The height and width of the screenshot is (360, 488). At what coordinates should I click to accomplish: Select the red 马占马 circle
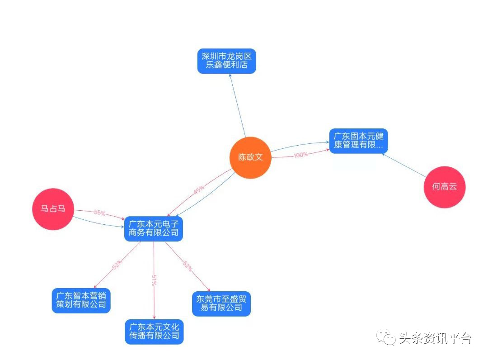[53, 209]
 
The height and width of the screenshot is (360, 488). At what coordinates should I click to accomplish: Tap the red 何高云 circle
[444, 187]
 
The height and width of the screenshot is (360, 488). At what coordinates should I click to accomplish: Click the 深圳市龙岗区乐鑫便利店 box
[226, 61]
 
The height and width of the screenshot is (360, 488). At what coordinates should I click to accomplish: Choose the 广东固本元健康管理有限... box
[358, 141]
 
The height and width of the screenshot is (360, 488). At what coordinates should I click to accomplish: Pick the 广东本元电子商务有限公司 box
[154, 228]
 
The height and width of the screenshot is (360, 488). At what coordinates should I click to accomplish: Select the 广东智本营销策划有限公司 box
[81, 300]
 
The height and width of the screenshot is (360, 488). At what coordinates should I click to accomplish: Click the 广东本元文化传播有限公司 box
[154, 332]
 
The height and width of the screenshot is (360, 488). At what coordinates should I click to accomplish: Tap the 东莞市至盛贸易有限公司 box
[221, 303]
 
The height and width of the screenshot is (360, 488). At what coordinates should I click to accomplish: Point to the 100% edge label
[300, 155]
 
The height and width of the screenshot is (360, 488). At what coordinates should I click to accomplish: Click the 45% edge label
[199, 189]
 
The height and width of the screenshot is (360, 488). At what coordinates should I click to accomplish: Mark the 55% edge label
[99, 212]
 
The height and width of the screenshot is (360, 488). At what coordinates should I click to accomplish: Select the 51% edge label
[154, 280]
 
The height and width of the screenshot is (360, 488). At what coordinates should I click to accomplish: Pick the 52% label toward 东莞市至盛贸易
[187, 266]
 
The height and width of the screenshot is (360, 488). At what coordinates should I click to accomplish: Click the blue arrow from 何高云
[404, 165]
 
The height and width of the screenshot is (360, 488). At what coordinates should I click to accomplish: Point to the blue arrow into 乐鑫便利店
[237, 104]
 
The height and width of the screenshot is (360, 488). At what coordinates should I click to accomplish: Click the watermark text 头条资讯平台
[435, 338]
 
